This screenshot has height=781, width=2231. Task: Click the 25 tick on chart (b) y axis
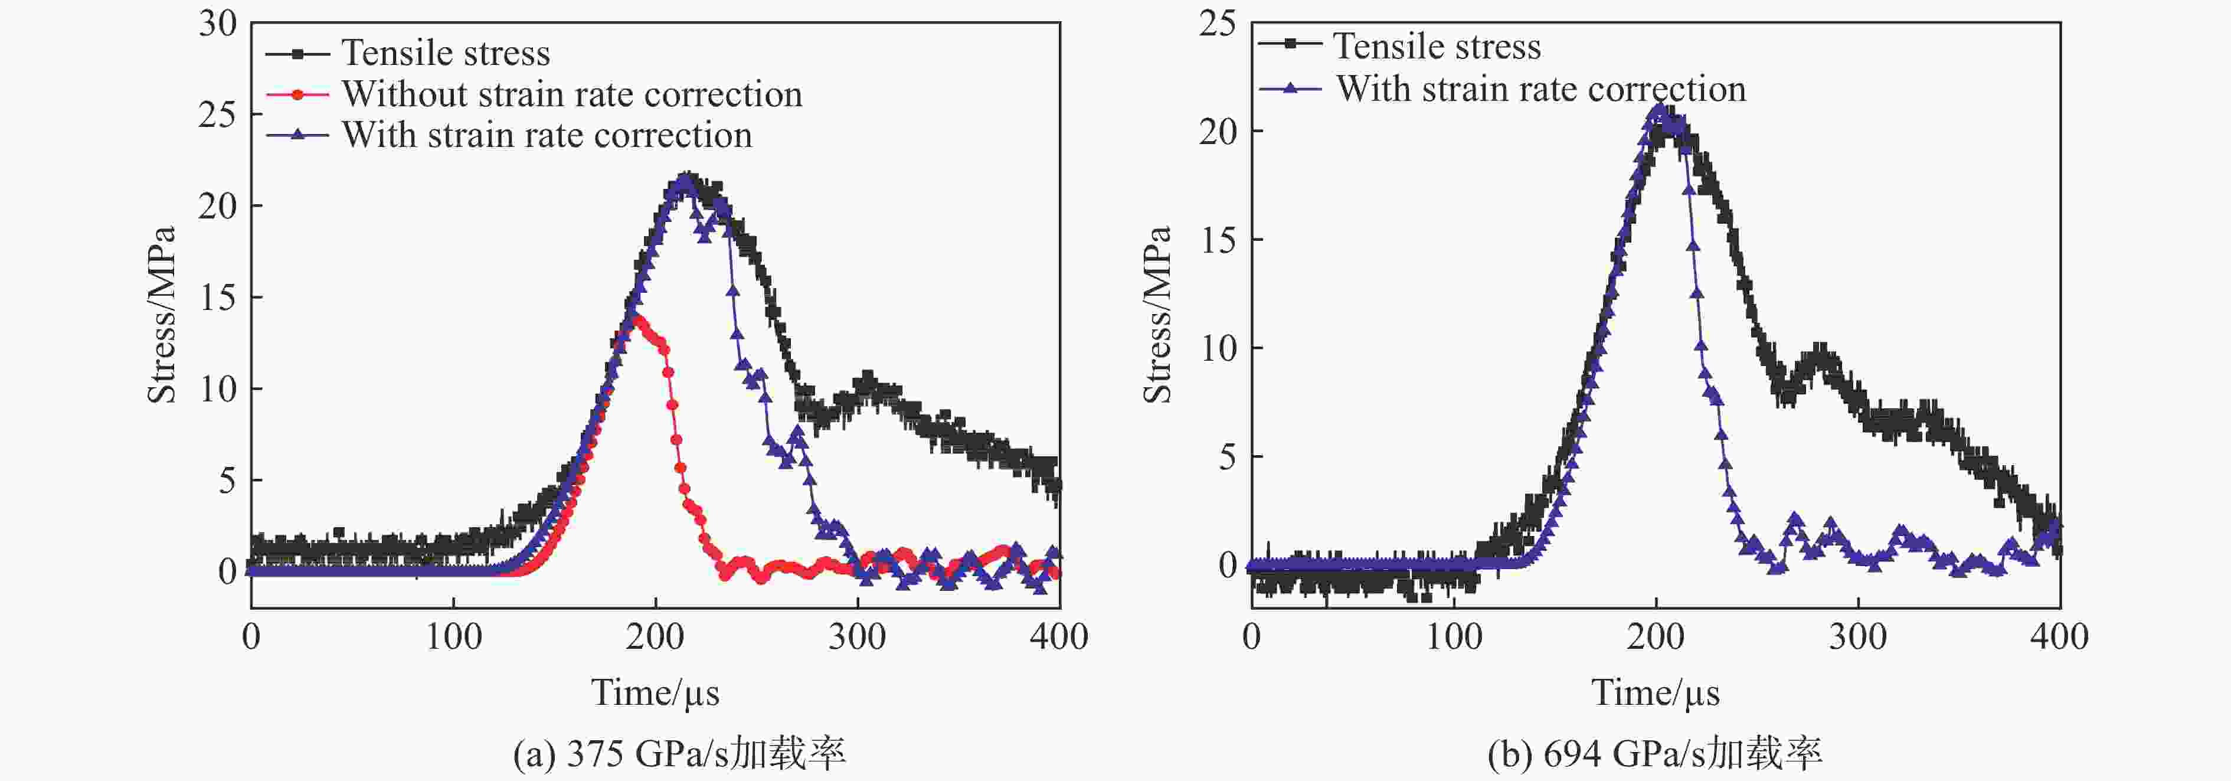click(x=1217, y=24)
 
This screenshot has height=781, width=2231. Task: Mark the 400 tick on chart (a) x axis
click(x=1058, y=638)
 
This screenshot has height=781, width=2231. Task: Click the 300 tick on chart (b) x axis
click(x=1858, y=638)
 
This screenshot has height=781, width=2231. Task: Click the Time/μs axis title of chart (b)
click(x=1655, y=692)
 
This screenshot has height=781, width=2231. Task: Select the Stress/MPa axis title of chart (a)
click(x=162, y=314)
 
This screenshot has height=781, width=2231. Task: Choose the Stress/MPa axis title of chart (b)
click(x=1157, y=314)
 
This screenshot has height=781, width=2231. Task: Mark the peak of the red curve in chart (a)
click(x=638, y=319)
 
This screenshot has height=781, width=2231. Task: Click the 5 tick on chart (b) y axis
click(x=1228, y=456)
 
